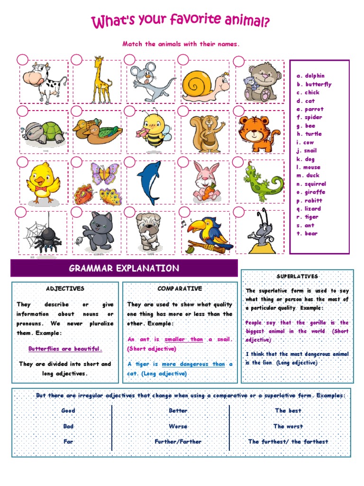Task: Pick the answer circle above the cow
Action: pos(22,60)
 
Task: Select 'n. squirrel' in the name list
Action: pos(311,184)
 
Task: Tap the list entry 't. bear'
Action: pos(307,234)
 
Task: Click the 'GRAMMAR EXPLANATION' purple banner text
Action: pos(124,269)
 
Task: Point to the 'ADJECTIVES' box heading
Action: pos(65,289)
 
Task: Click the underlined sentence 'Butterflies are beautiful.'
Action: pos(65,349)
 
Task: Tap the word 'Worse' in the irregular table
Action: pos(178,426)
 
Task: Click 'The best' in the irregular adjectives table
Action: pos(288,411)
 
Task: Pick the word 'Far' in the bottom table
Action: pos(68,441)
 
